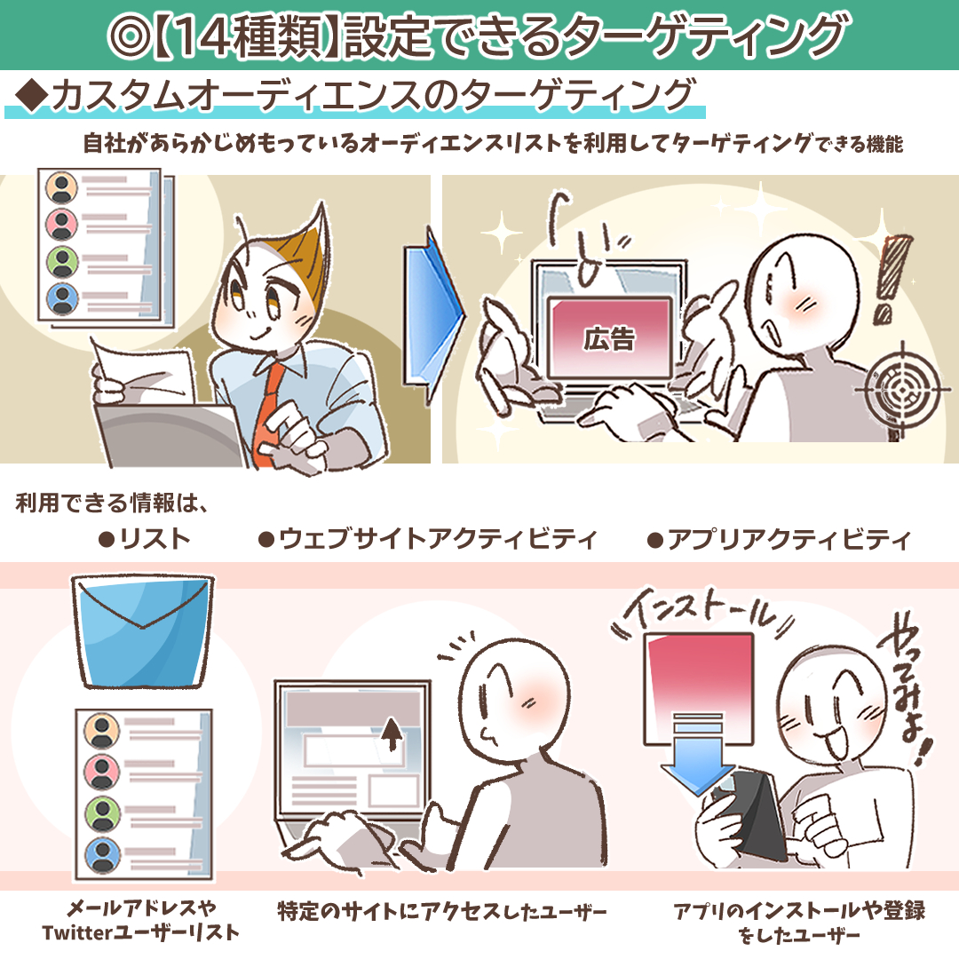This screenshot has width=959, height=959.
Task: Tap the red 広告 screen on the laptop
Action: (610, 337)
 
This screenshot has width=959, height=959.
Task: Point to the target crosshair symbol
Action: (902, 388)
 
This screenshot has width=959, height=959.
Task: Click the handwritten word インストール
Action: (703, 613)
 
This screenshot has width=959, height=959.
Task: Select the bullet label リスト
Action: (145, 539)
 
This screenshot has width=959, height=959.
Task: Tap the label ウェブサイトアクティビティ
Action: (427, 539)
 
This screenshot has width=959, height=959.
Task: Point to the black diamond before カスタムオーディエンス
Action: (33, 95)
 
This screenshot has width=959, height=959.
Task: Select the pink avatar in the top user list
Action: (62, 224)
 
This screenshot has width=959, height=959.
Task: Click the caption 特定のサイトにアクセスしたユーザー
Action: (442, 911)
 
